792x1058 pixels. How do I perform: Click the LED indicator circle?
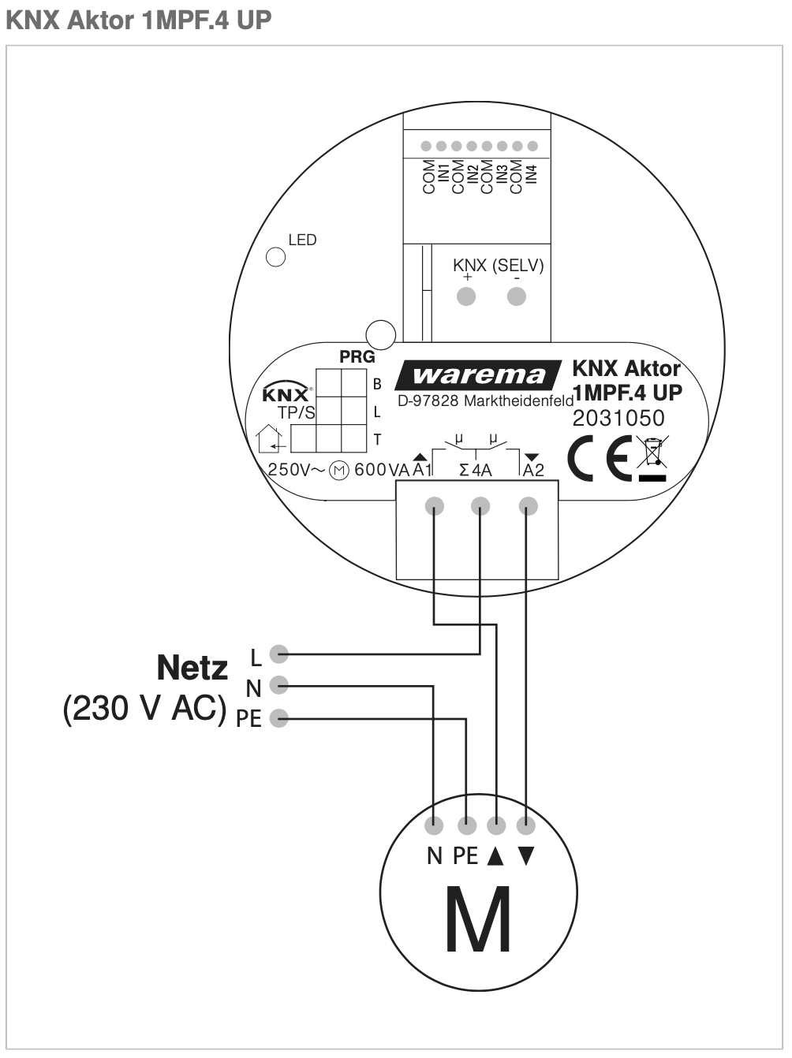tap(275, 257)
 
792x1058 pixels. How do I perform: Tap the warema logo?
tap(479, 375)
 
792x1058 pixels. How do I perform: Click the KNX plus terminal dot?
tap(467, 296)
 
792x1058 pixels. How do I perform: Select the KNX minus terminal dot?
tap(517, 296)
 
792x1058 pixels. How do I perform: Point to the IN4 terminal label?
tap(532, 174)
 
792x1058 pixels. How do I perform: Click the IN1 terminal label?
tap(443, 174)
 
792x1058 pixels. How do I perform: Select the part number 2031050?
tap(618, 418)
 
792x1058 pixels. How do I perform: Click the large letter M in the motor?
tap(478, 919)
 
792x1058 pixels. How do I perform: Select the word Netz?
tap(192, 668)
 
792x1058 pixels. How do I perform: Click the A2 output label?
tap(534, 470)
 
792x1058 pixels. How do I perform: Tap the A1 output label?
tap(422, 470)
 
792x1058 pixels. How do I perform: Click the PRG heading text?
tap(357, 357)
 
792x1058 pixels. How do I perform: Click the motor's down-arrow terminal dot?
tap(526, 825)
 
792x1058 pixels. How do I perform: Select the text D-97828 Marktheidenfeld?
tap(485, 400)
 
